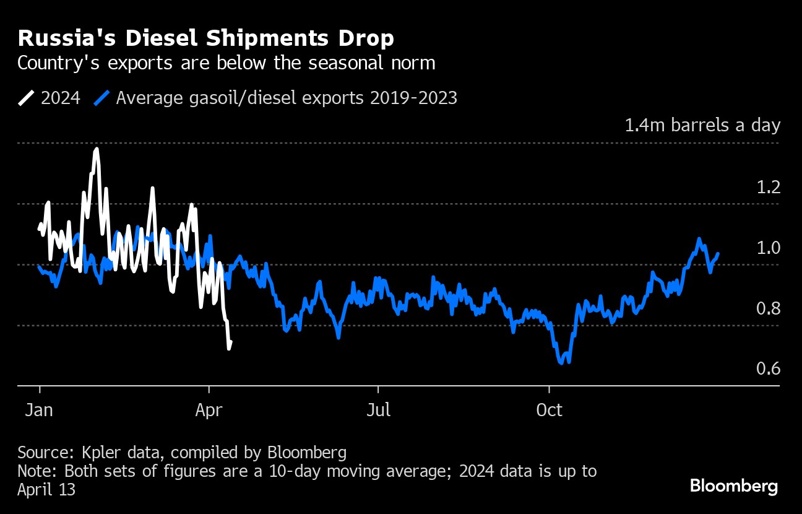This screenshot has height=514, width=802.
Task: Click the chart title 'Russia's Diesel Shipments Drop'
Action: tap(205, 38)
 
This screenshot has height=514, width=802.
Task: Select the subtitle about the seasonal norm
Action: tap(227, 63)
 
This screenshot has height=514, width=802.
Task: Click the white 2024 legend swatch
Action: tap(27, 98)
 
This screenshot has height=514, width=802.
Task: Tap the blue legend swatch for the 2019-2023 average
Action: tap(102, 98)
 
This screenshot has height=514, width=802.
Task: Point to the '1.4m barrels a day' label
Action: tap(702, 126)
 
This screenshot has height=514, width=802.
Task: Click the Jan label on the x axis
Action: tap(39, 410)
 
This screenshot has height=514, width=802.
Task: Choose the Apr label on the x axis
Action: tap(209, 410)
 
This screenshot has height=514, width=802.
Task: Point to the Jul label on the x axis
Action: tap(378, 410)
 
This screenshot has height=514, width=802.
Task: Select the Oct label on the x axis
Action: tap(549, 410)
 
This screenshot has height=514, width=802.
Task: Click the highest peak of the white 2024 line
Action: tap(97, 149)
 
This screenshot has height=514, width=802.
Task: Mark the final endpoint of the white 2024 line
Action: tap(231, 341)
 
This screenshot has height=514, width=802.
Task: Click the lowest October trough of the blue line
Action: tap(561, 364)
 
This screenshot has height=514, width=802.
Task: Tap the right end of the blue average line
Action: tap(718, 253)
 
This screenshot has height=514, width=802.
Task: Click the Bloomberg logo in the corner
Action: tap(734, 487)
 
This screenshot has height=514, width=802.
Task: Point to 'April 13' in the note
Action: tap(46, 490)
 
